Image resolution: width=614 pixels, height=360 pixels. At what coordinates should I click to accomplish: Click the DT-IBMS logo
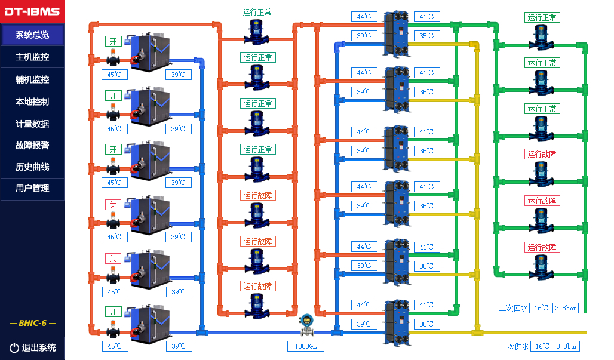[x=32, y=11]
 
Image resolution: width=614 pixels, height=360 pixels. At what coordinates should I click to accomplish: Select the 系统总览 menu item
[x=32, y=35]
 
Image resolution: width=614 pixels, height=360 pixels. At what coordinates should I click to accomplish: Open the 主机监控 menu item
[x=32, y=57]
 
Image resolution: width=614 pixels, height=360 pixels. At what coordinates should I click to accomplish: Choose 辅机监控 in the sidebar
[x=32, y=79]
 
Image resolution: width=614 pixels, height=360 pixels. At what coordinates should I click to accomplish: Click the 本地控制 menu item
[x=32, y=101]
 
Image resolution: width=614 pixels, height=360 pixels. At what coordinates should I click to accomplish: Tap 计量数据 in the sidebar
[x=32, y=124]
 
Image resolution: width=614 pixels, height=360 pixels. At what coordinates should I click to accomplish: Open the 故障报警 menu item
[x=32, y=145]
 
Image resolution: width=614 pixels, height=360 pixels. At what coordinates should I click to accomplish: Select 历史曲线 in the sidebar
[x=32, y=167]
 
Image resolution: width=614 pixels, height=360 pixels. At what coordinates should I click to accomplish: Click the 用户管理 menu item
[x=32, y=188]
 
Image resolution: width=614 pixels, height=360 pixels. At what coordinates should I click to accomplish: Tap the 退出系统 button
[x=32, y=347]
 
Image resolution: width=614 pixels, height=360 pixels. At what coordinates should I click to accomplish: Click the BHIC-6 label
[x=32, y=323]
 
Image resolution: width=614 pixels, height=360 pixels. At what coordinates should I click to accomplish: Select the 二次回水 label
[x=513, y=308]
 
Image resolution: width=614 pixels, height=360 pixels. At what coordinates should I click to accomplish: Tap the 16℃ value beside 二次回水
[x=541, y=308]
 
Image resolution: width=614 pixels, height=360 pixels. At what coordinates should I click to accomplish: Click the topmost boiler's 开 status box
[x=113, y=41]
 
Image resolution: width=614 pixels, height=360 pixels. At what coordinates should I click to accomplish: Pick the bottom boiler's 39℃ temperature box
[x=179, y=346]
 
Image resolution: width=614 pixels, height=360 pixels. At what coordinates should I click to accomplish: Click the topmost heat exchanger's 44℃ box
[x=364, y=17]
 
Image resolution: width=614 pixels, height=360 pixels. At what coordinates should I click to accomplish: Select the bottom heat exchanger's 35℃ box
[x=426, y=324]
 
